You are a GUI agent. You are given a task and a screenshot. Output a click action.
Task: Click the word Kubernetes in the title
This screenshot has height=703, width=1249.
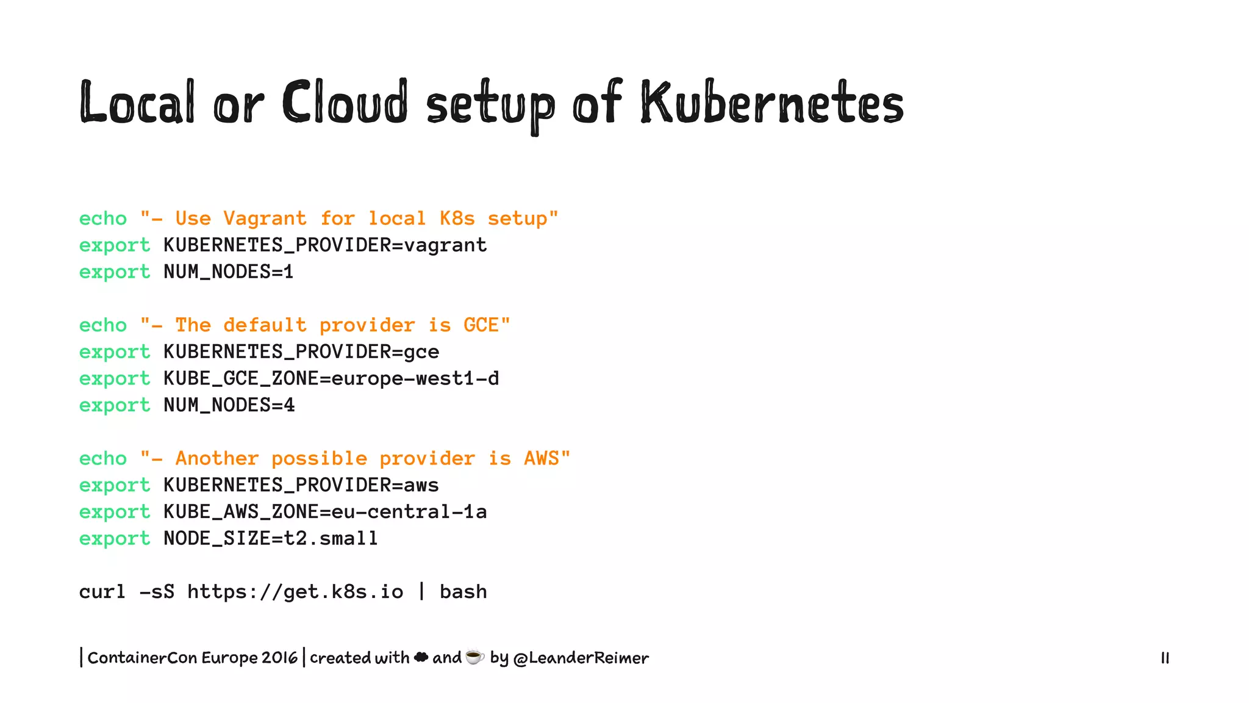(771, 103)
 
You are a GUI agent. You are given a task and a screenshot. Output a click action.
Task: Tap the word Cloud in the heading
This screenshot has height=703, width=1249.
(345, 103)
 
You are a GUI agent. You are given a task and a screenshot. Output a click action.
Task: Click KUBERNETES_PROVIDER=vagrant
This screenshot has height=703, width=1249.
(325, 245)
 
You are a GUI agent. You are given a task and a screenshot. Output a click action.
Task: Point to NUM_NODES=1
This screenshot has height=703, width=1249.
(229, 272)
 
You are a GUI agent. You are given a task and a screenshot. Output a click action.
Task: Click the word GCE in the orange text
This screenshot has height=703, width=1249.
(481, 325)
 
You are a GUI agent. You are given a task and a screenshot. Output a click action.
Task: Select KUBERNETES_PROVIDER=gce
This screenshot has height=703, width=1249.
(301, 352)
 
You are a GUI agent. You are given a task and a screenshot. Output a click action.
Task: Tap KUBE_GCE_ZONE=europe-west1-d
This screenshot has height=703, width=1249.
(331, 379)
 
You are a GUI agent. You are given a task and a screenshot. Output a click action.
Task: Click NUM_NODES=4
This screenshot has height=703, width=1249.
(229, 405)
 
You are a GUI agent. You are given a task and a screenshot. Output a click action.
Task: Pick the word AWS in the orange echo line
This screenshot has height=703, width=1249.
(541, 458)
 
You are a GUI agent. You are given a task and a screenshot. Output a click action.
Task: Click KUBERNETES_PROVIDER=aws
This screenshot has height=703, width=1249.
(301, 485)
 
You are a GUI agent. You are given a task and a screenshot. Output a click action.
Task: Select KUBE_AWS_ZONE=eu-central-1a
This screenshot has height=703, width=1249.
(325, 512)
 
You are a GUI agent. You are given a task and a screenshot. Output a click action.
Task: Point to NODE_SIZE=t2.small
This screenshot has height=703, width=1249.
(271, 538)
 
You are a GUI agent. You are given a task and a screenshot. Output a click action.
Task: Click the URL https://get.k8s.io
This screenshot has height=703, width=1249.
(295, 592)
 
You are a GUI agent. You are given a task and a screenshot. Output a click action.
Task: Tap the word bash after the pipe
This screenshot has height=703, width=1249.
(463, 592)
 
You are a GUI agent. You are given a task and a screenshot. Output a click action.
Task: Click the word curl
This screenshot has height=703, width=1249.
(102, 592)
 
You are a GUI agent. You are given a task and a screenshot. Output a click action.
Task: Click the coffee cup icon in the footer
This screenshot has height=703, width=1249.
(474, 657)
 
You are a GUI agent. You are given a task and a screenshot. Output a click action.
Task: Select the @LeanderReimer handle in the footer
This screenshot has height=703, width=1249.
(581, 658)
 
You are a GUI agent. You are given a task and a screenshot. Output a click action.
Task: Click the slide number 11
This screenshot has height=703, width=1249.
(1165, 658)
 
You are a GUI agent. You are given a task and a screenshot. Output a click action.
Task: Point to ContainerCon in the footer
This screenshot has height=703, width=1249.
(142, 658)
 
